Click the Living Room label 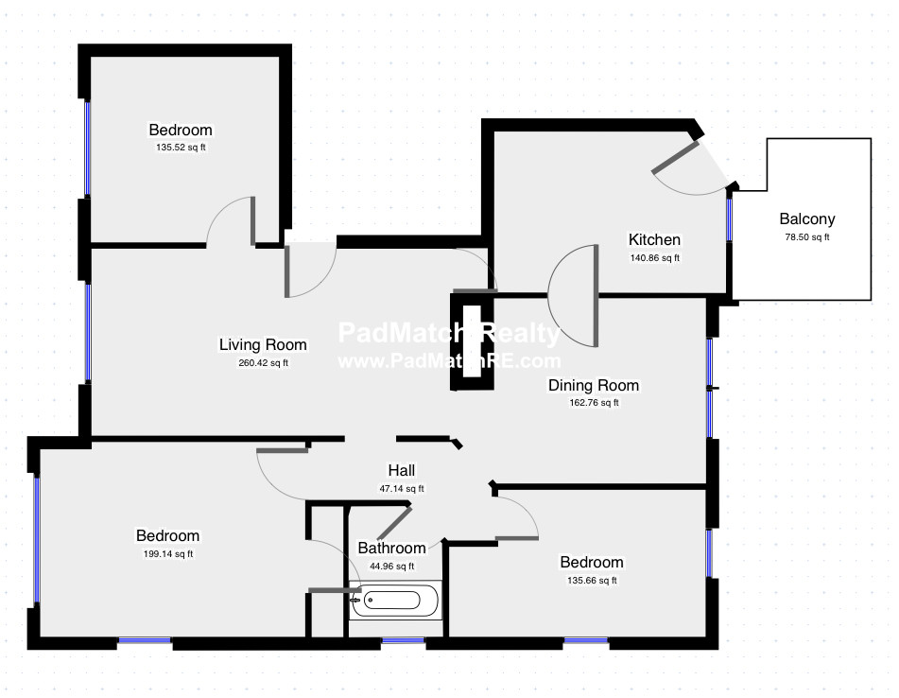coord(263,344)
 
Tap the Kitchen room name coord(654,239)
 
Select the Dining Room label coord(594,385)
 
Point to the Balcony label coord(806,219)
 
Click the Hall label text coord(402,470)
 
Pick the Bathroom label coord(391,548)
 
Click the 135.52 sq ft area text coord(181,148)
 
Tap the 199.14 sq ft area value coord(168,554)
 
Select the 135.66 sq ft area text coord(592,581)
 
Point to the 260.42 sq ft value coord(263,363)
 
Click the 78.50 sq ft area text coord(806,237)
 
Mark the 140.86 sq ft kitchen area coord(654,258)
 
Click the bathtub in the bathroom coord(395,600)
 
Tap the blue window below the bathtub coord(403,640)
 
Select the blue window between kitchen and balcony coord(729,219)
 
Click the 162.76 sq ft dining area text coord(594,403)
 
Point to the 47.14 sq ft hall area coord(402,489)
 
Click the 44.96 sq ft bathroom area coord(391,567)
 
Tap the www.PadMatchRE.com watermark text coord(449,360)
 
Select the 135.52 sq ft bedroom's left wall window coord(87,148)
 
